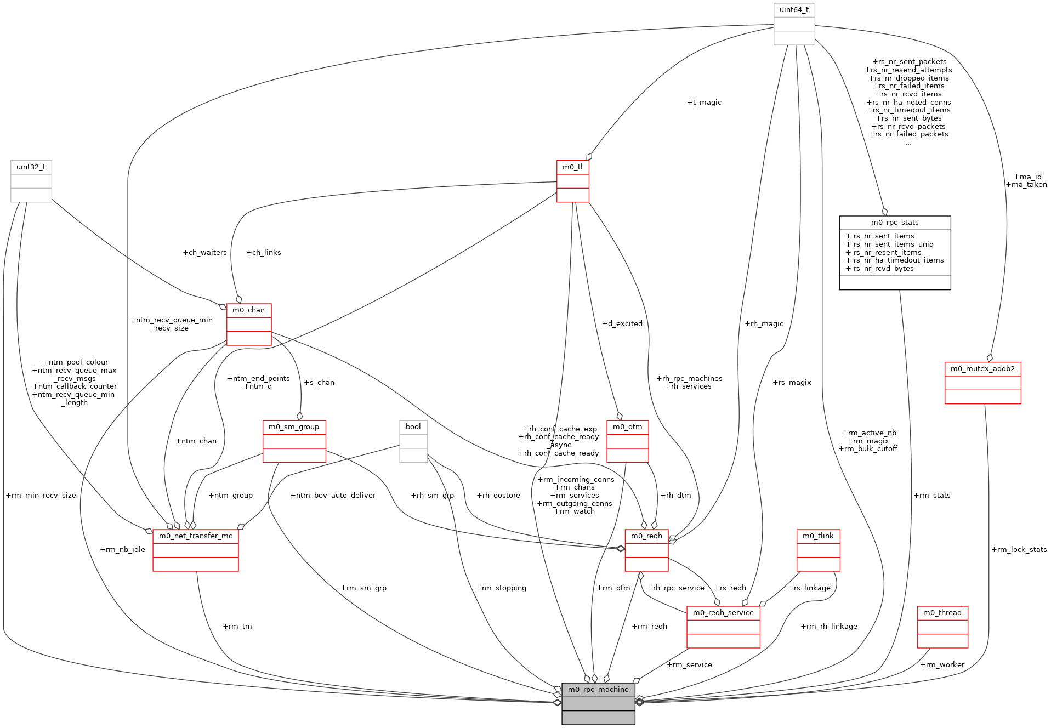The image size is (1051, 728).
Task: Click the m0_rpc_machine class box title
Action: point(598,689)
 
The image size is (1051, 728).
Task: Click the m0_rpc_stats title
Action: point(895,223)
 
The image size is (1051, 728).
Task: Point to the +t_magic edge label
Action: point(704,103)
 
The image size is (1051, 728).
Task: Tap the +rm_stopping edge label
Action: point(501,588)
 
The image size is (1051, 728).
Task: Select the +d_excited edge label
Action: point(622,324)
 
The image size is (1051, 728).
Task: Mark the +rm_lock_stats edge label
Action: point(1019,550)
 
